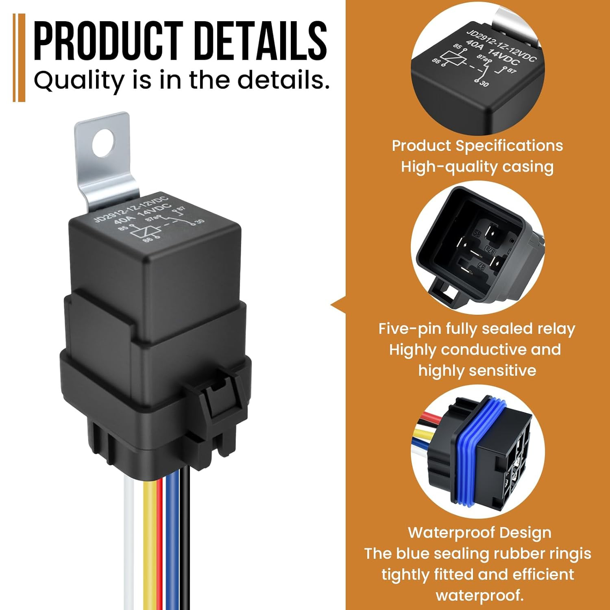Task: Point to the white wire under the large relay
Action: pyautogui.click(x=129, y=541)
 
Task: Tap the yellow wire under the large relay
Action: pyautogui.click(x=149, y=541)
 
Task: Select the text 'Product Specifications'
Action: pyautogui.click(x=477, y=146)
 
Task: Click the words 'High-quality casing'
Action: pyautogui.click(x=477, y=167)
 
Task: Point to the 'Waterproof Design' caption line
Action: pyautogui.click(x=479, y=532)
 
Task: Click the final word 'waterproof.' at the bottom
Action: pyautogui.click(x=479, y=595)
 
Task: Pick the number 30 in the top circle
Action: pyautogui.click(x=484, y=84)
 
